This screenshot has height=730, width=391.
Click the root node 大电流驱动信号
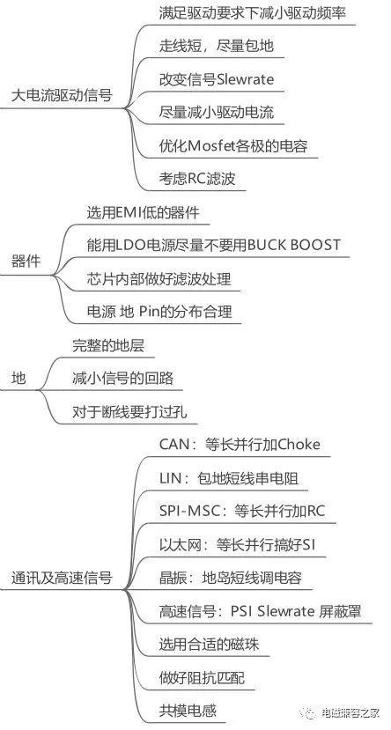pyautogui.click(x=62, y=96)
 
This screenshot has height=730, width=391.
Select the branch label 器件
pyautogui.click(x=26, y=262)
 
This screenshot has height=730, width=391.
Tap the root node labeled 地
pyautogui.click(x=18, y=379)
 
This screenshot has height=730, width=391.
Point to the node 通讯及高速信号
pyautogui.click(x=62, y=578)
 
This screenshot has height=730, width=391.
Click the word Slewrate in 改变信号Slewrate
pyautogui.click(x=246, y=79)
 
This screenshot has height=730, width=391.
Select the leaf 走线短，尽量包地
pyautogui.click(x=217, y=46)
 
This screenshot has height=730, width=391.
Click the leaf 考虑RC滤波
pyautogui.click(x=197, y=180)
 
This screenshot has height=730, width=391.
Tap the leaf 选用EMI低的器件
pyautogui.click(x=143, y=213)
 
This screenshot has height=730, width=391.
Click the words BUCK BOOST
pyautogui.click(x=294, y=245)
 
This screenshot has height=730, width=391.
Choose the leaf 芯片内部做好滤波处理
pyautogui.click(x=159, y=278)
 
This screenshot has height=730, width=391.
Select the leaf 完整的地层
pyautogui.click(x=108, y=345)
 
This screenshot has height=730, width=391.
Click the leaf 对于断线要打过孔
pyautogui.click(x=129, y=412)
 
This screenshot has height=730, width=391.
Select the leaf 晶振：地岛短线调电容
pyautogui.click(x=231, y=578)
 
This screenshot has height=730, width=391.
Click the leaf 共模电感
pyautogui.click(x=188, y=711)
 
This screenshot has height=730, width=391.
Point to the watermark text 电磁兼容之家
pyautogui.click(x=351, y=712)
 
